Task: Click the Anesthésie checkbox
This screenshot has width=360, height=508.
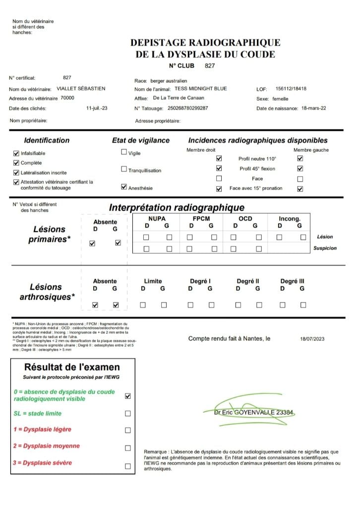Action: pyautogui.click(x=124, y=188)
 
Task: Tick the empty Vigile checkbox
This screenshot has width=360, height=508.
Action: pyautogui.click(x=124, y=153)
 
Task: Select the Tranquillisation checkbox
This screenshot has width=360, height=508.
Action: pyautogui.click(x=124, y=170)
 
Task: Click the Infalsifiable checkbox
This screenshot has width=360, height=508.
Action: pyautogui.click(x=16, y=153)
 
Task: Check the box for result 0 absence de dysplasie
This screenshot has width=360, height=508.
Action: pyautogui.click(x=128, y=396)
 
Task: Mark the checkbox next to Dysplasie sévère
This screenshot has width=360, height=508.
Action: pyautogui.click(x=128, y=466)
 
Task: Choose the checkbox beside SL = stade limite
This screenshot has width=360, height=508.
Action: pyautogui.click(x=128, y=413)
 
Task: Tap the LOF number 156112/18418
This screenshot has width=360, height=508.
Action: pyautogui.click(x=291, y=89)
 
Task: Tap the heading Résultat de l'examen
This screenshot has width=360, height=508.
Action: pyautogui.click(x=72, y=368)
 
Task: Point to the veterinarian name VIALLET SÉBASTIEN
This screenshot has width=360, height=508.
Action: pyautogui.click(x=81, y=89)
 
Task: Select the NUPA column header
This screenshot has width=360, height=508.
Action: pyautogui.click(x=157, y=218)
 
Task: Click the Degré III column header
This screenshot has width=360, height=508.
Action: pyautogui.click(x=292, y=281)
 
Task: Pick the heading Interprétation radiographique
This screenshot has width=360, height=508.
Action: pyautogui.click(x=177, y=207)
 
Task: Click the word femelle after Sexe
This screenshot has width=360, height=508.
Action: pyautogui.click(x=281, y=99)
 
